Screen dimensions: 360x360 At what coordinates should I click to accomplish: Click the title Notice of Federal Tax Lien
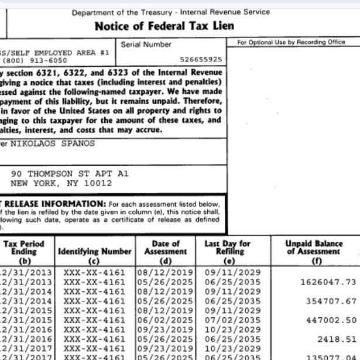click(x=164, y=26)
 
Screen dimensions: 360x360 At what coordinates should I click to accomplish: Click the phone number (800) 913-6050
click(x=36, y=60)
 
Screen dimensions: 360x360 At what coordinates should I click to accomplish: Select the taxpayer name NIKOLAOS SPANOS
click(x=53, y=143)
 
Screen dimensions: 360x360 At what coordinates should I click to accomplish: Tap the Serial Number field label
click(x=146, y=44)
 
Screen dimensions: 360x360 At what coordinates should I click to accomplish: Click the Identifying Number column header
click(x=94, y=252)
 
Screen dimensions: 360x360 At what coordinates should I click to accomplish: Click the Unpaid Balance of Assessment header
click(x=314, y=248)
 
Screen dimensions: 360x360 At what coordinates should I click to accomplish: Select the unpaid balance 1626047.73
click(x=328, y=282)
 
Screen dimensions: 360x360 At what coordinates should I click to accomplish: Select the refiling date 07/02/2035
click(x=228, y=320)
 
